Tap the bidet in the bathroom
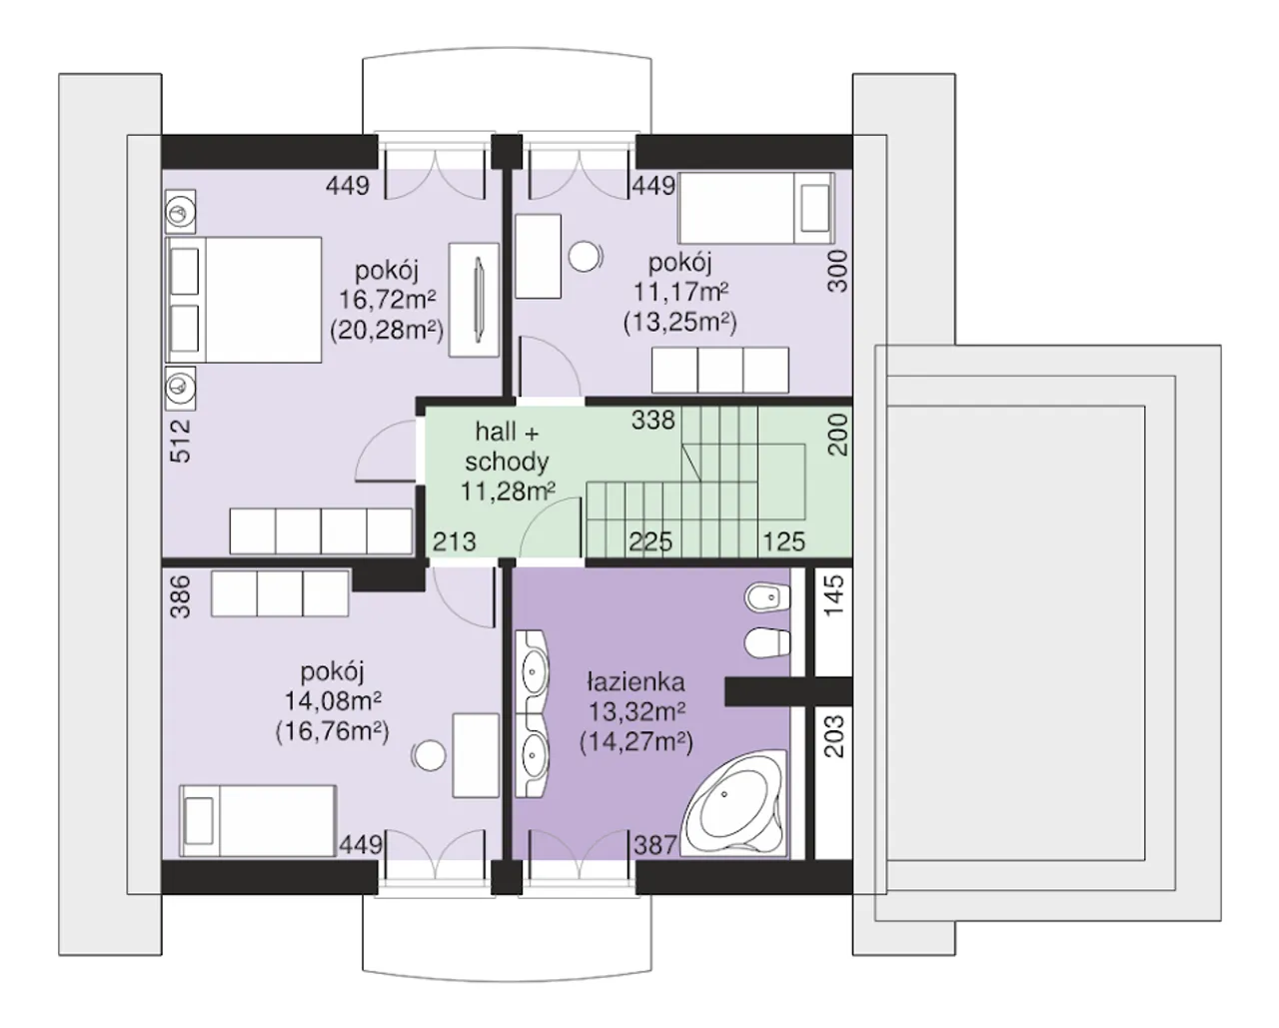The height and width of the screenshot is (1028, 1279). (767, 597)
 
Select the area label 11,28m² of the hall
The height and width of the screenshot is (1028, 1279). (509, 492)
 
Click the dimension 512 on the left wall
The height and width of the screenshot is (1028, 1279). (181, 441)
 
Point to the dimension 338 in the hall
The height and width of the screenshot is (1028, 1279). (653, 421)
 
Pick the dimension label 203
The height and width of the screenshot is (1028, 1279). (834, 736)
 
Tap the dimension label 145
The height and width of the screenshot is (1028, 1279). (834, 595)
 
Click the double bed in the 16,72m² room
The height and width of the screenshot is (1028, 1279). (244, 300)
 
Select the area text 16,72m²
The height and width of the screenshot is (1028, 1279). (387, 299)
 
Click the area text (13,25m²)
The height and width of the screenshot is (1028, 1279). (680, 322)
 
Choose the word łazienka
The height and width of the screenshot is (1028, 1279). (636, 682)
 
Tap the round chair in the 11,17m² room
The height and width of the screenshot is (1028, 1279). (585, 257)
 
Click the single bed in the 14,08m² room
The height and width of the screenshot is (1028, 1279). (258, 820)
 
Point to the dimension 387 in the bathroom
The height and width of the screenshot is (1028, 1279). (655, 845)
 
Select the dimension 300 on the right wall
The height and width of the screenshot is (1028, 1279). (837, 271)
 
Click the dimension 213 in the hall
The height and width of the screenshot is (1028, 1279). (455, 541)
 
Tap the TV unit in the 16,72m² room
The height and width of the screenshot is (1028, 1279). (474, 300)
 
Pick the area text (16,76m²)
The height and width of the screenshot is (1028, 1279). (332, 731)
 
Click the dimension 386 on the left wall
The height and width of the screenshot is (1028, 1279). (181, 596)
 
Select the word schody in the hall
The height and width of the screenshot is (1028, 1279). (507, 462)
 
